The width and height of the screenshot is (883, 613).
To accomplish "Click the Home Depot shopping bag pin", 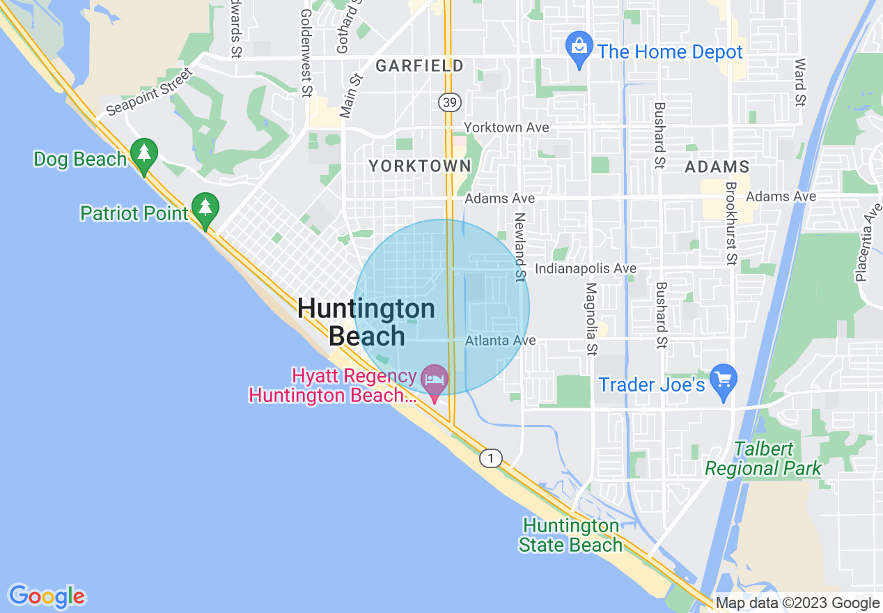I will coord(579,48).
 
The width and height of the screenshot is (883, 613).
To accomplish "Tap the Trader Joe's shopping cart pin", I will coord(724,380).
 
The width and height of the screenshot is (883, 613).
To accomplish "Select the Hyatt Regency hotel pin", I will coord(435,381).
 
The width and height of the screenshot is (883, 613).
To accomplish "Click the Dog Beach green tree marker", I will coord(144,155).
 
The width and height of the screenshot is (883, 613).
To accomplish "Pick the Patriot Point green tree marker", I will coord(205,208).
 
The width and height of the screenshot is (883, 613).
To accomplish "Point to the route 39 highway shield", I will coord(449,102).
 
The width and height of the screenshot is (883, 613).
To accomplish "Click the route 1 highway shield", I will coord(491,458).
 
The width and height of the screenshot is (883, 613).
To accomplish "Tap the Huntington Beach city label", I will coord(366,322).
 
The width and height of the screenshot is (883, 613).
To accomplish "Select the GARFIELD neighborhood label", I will coord(419,66).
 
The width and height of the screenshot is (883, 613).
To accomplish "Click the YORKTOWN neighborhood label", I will coord(419,166).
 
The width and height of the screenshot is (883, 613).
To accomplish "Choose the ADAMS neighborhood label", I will coord(717,166).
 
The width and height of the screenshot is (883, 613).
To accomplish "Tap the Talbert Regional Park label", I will coord(763,458).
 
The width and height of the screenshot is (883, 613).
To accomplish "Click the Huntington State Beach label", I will coord(570,535).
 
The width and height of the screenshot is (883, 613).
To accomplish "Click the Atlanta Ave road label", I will coord(500,341).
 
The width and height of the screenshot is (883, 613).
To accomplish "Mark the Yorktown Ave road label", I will coord(506,127).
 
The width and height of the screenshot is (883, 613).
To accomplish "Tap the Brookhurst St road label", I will coord(730,224).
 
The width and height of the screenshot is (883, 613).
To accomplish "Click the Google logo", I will coord(47,596).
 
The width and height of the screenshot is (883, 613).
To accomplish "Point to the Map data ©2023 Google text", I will coord(797,603).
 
